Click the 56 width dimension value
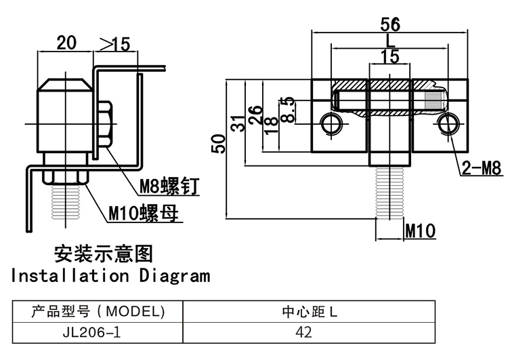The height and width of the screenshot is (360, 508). pos(389,24)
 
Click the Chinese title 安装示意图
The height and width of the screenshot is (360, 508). pos(103,254)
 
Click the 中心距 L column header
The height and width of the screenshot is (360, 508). pos(308,313)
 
